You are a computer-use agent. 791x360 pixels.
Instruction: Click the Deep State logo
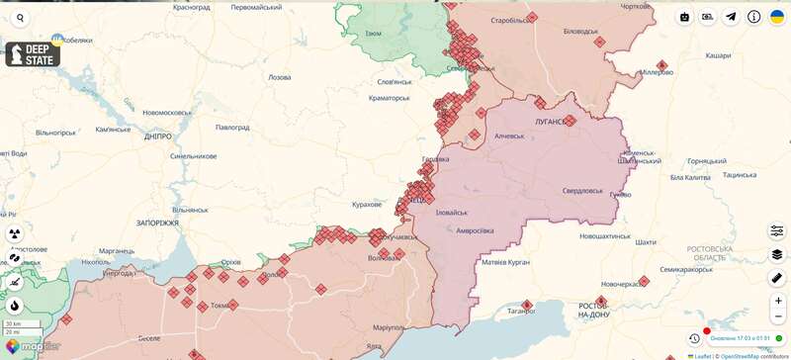click(33, 54)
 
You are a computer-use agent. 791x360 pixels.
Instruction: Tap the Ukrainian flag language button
click(777, 17)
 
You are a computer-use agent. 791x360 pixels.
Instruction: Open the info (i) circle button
click(754, 17)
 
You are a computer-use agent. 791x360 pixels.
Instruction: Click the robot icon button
click(684, 17)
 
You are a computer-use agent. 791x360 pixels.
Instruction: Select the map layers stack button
click(777, 254)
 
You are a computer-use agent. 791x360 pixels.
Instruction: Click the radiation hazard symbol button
click(15, 233)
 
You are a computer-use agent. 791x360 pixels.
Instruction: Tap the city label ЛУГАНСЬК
click(551, 121)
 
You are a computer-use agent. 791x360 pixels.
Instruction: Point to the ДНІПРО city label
click(157, 136)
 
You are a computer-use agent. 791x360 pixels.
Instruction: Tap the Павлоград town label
click(233, 128)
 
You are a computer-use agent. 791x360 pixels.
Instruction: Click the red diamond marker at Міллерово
click(661, 65)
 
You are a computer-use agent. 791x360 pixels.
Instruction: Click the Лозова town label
click(279, 77)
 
